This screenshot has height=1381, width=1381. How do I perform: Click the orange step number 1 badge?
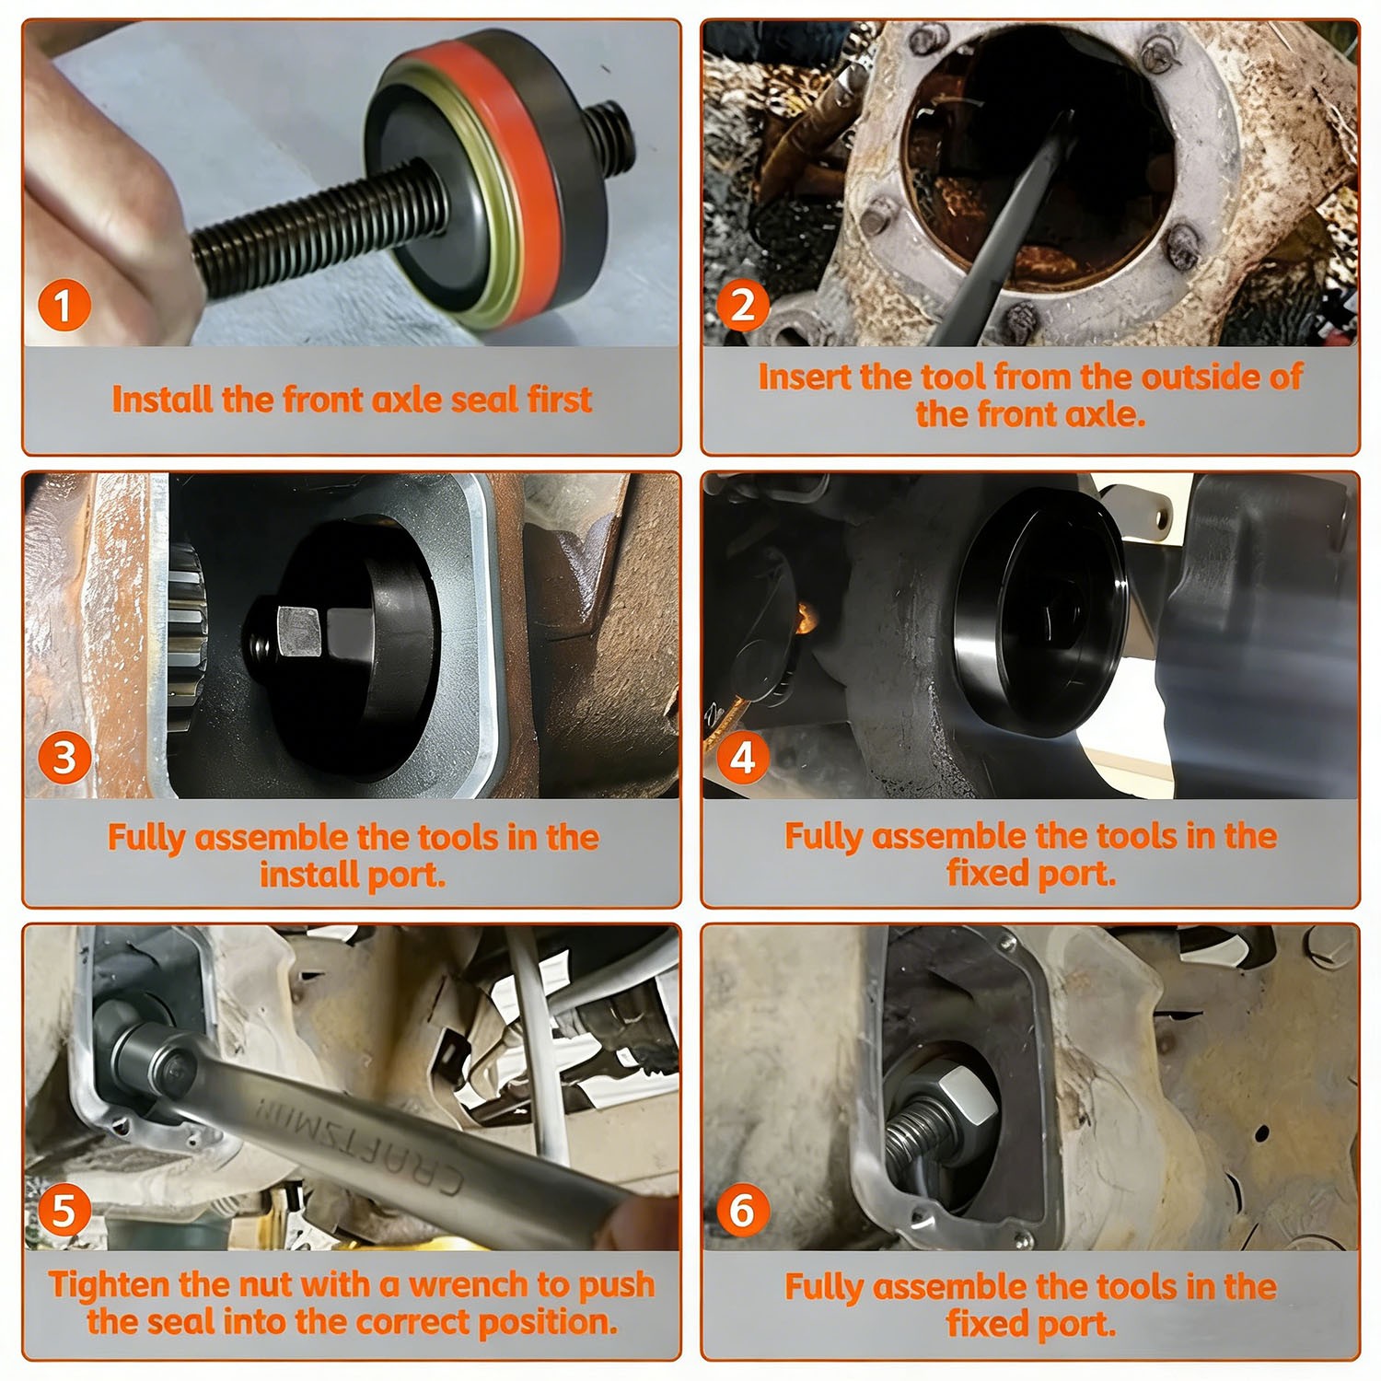[x=64, y=306]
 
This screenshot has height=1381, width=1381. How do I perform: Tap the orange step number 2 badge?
[x=743, y=305]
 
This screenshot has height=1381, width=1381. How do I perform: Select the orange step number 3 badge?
[x=64, y=758]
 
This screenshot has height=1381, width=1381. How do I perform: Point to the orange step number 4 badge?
[x=743, y=758]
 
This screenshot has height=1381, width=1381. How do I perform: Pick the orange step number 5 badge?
[x=64, y=1210]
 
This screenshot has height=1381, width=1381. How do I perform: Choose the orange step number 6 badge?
[x=743, y=1210]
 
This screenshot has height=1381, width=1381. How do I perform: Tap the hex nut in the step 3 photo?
[x=296, y=632]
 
